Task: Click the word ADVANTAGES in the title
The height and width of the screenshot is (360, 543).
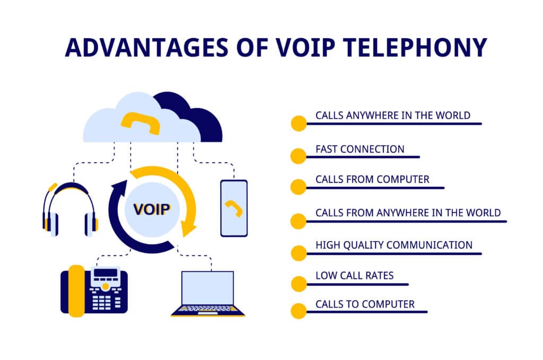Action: pyautogui.click(x=146, y=47)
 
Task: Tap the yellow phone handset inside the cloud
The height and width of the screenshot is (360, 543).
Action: pyautogui.click(x=140, y=123)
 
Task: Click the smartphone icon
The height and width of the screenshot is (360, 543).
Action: pyautogui.click(x=234, y=208)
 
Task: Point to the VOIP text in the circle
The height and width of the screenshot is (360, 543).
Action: pyautogui.click(x=152, y=209)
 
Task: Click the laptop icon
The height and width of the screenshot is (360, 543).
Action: pyautogui.click(x=208, y=294)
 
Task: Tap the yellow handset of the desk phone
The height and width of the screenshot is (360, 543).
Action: pyautogui.click(x=76, y=291)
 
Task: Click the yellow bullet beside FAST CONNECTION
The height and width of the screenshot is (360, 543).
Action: pyautogui.click(x=299, y=156)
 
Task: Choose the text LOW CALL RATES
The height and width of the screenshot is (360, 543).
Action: pyautogui.click(x=355, y=276)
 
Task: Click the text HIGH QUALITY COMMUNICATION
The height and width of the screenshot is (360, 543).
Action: pyautogui.click(x=394, y=245)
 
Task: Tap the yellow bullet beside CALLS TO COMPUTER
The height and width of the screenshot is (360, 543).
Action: pyautogui.click(x=299, y=311)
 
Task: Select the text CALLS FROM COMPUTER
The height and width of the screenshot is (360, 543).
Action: pyautogui.click(x=372, y=179)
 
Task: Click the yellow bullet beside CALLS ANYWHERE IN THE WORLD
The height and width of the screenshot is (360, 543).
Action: pyautogui.click(x=299, y=123)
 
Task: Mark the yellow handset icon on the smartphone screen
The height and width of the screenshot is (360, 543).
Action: pyautogui.click(x=234, y=208)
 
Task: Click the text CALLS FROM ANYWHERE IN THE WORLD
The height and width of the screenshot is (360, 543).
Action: pyautogui.click(x=408, y=213)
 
